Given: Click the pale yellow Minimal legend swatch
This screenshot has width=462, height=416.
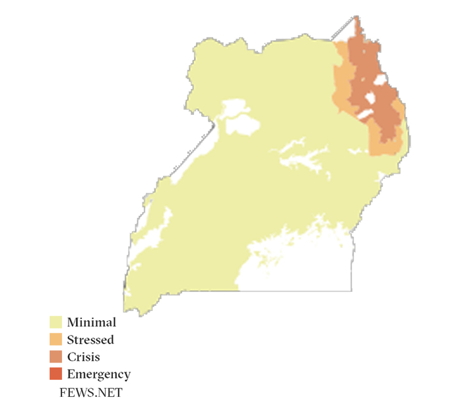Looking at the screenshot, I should click(55, 323).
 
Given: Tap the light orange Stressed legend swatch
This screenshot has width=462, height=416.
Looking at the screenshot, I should click(55, 340).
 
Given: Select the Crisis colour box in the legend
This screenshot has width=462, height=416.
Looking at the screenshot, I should click(55, 357).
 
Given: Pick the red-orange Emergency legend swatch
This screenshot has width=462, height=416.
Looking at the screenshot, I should click(55, 374).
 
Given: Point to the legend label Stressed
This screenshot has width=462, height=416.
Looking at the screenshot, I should click(90, 340).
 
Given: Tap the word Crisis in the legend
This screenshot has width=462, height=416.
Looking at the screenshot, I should click(83, 357).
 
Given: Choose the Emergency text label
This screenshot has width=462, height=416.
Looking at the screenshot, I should click(98, 374).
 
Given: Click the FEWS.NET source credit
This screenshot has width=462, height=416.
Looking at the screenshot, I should click(91, 392).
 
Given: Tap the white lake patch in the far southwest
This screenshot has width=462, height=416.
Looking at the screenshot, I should click(155, 228).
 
